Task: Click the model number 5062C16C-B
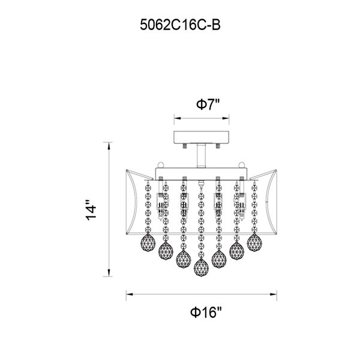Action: [x=180, y=25]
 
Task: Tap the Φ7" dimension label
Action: [x=208, y=104]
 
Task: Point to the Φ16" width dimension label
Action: [x=206, y=312]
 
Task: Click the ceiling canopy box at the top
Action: [x=202, y=137]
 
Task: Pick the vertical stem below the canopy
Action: [x=201, y=155]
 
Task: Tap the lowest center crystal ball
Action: [x=201, y=268]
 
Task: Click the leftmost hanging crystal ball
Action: [x=148, y=244]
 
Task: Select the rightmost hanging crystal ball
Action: [x=254, y=242]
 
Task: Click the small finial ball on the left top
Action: [x=161, y=165]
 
